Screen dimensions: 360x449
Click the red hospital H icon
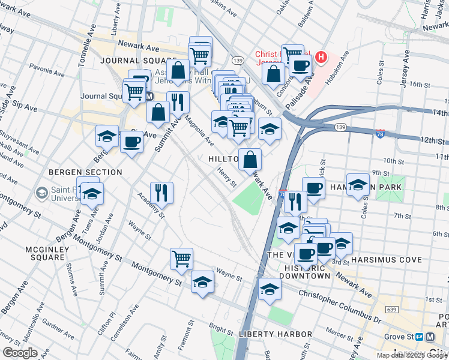coord(322,58)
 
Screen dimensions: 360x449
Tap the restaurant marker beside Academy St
coord(161,192)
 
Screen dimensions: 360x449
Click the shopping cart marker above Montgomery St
coord(181,259)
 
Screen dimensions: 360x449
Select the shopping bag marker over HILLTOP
coord(250,159)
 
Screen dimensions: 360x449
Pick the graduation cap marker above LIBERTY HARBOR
coord(270,289)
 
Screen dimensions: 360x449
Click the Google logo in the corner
coord(20,352)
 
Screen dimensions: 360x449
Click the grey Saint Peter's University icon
coord(42,193)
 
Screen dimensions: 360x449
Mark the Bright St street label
coord(221,331)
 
